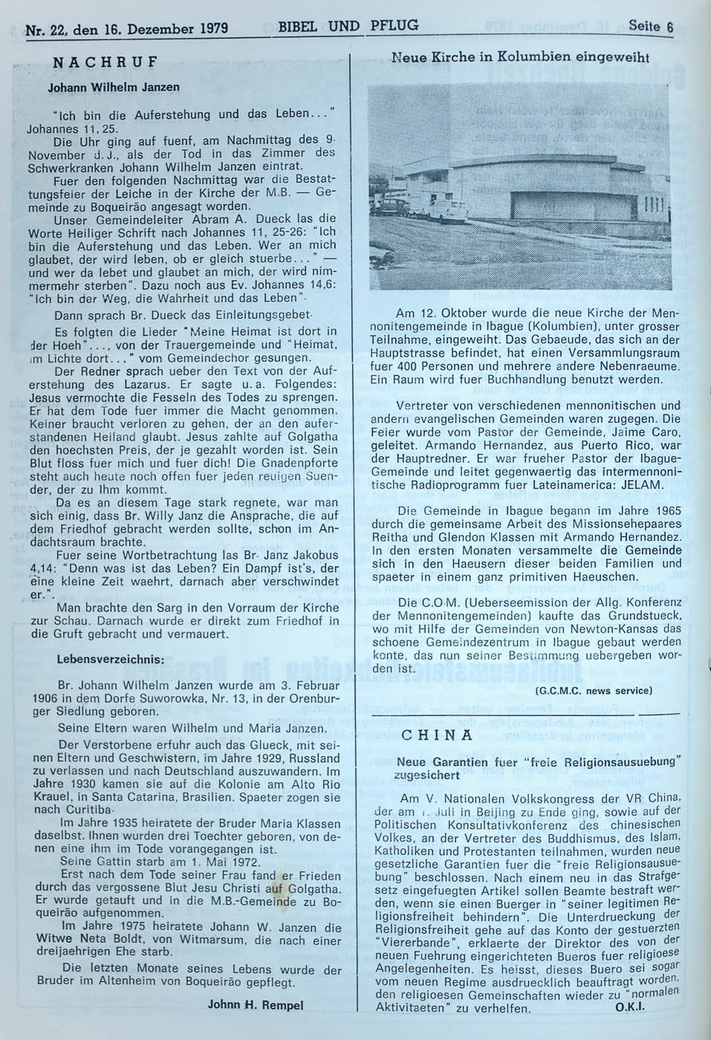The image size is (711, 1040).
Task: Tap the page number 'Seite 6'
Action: (x=649, y=27)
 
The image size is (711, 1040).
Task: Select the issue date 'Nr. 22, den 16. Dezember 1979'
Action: (x=126, y=31)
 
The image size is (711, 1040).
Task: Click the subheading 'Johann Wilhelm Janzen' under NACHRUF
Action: (x=114, y=87)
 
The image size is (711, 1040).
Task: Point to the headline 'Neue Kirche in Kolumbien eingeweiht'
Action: (x=520, y=57)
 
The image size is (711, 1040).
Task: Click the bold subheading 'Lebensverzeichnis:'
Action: (x=106, y=658)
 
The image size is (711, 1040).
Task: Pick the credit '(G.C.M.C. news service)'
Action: (x=593, y=690)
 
